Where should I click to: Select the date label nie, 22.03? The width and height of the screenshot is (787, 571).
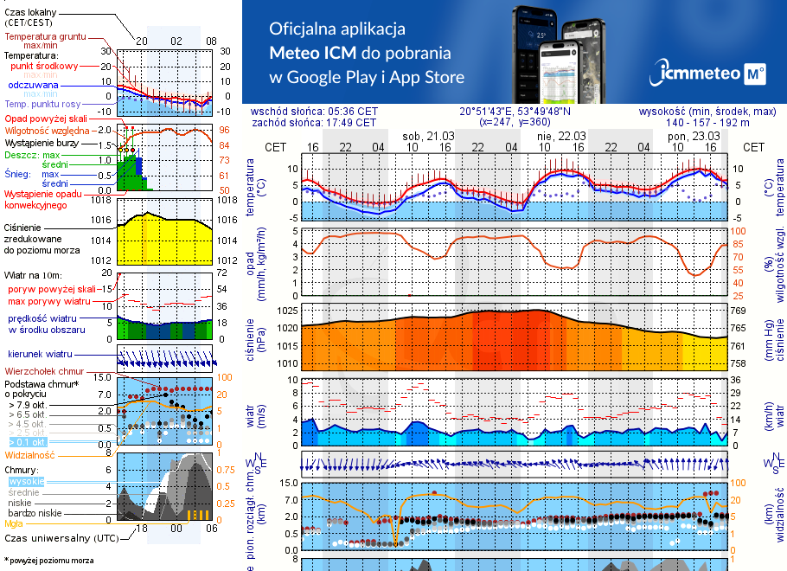point(560,136)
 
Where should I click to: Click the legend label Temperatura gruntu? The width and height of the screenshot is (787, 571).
point(45,37)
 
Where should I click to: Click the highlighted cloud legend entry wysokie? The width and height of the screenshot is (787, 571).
point(26,481)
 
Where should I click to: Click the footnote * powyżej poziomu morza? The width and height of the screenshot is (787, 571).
point(48,561)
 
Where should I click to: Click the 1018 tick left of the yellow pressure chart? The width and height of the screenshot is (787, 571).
point(101,200)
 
